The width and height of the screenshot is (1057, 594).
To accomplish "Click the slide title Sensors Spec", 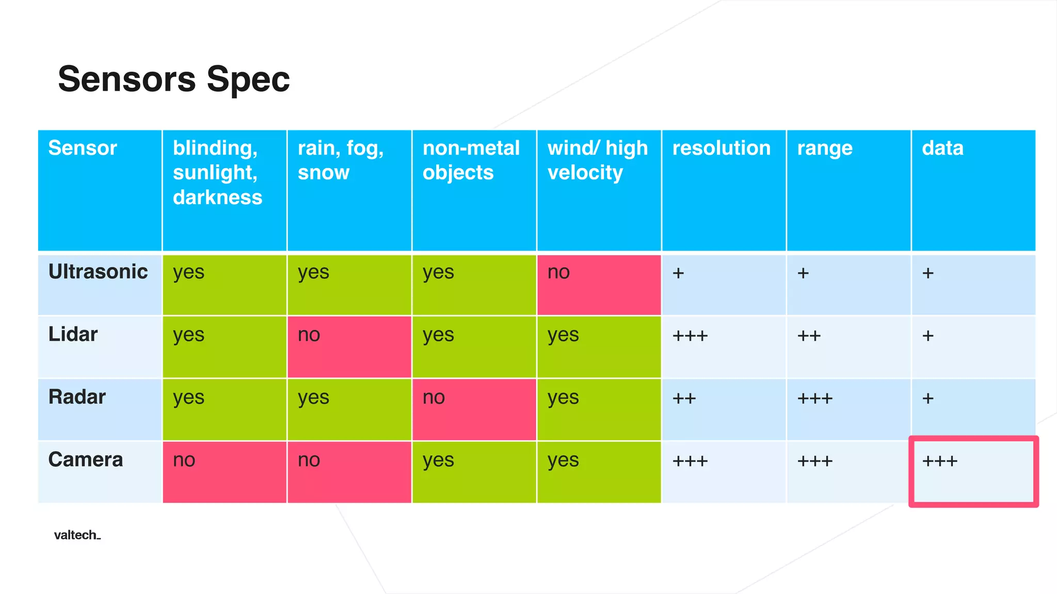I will [x=173, y=79].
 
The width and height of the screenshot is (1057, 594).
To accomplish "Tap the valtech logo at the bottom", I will [x=77, y=535].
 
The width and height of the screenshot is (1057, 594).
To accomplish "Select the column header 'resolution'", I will [x=721, y=148].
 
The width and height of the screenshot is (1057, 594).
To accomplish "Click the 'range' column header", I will [x=824, y=148].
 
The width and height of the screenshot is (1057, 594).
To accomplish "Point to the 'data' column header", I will [x=942, y=148].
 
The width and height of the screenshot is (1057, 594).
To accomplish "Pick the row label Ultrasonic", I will [x=98, y=272].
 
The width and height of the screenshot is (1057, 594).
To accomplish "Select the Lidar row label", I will [x=73, y=334].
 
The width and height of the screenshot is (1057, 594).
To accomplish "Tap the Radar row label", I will [x=77, y=397].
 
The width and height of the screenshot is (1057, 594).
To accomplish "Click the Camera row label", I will [x=86, y=459].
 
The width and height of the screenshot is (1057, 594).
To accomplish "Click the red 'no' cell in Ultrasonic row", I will [x=558, y=272].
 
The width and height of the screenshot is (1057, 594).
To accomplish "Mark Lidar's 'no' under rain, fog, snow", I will [x=309, y=335].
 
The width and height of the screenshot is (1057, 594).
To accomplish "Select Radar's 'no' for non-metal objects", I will [x=434, y=398].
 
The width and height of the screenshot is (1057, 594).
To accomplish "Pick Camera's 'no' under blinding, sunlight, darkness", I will [x=184, y=460].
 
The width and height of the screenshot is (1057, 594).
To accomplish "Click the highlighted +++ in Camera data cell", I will [x=940, y=460].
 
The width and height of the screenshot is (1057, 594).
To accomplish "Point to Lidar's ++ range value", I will [x=808, y=336].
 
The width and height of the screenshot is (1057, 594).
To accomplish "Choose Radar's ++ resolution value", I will [x=684, y=398].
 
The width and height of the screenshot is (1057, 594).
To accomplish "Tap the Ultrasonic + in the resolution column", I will [x=678, y=273].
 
